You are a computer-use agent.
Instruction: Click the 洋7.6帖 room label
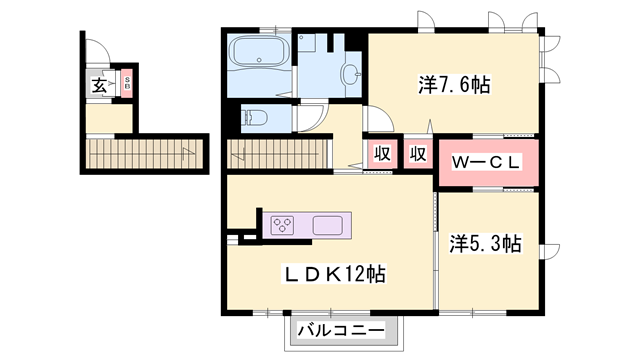453,85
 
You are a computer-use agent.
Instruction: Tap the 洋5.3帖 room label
485,243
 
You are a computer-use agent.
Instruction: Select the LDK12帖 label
334,274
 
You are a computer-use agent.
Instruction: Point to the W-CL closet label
486,162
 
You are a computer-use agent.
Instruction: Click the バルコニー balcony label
341,330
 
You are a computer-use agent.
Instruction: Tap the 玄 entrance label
99,85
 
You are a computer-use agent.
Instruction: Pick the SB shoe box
127,84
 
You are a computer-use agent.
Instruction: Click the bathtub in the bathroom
259,52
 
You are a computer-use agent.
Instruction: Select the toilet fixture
255,118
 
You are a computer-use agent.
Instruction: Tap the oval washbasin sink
351,74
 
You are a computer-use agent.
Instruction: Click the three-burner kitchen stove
283,225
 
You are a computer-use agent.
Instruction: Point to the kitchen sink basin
327,225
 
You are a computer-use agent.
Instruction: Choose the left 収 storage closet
382,154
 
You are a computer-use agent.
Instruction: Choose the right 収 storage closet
418,154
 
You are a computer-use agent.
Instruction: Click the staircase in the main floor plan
278,154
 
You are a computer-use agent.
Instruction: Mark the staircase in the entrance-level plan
144,154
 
